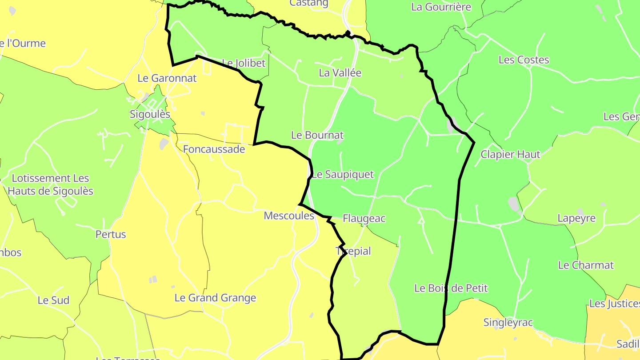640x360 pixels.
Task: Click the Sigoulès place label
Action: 150,114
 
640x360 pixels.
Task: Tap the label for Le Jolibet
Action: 243,63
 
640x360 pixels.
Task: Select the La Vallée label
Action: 340,73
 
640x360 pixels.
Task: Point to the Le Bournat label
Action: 317,135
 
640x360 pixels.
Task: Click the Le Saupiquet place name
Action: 343,175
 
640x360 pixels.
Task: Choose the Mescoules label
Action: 289,216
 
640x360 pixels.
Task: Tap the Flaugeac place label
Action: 364,219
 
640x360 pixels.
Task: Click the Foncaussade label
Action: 214,149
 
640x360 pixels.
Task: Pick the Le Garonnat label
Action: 167,78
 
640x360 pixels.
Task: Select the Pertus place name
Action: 111,235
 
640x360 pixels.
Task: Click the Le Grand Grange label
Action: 215,298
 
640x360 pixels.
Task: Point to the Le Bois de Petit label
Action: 451,288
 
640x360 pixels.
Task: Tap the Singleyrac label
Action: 508,323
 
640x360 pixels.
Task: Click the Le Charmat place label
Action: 586,265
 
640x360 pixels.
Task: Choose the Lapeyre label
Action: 576,219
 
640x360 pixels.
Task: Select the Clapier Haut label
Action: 510,155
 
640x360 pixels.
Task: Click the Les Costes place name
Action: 524,60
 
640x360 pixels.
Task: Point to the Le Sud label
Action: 53,300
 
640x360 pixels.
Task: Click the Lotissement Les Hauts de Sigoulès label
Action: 51,185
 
